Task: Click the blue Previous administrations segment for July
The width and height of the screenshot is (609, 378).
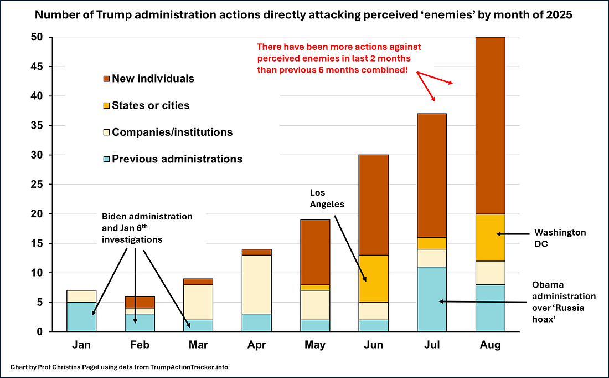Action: coord(432,299)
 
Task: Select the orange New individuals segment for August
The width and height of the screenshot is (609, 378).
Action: coord(491,125)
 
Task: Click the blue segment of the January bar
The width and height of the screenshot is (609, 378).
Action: coord(81,316)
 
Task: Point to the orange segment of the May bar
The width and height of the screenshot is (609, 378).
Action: coord(314,252)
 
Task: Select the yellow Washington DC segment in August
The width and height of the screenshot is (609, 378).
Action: coord(491,237)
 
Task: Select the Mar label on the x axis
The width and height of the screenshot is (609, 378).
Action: coord(198,345)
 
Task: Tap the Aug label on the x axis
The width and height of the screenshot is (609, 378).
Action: coord(491,345)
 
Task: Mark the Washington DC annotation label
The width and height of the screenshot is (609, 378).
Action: coord(560,238)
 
